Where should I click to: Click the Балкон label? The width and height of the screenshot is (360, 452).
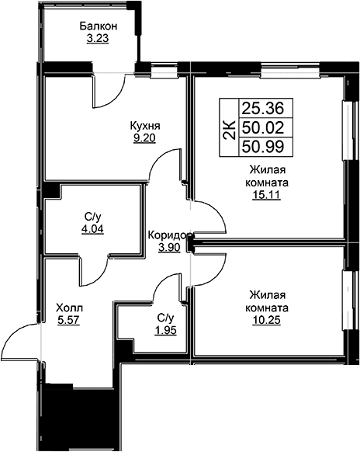pos(99,26)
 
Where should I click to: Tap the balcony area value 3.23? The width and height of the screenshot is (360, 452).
pos(98,39)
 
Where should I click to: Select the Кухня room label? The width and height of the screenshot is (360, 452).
pos(145,126)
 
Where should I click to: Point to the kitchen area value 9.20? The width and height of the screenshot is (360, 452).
pos(144,138)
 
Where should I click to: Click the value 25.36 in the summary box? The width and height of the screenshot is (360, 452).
pos(263,109)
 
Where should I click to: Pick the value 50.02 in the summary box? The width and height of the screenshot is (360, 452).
pos(263,127)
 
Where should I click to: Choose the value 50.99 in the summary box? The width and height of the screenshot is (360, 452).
pos(263,147)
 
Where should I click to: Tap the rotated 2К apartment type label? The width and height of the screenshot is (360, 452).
pos(230,128)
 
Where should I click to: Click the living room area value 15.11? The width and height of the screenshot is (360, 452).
pos(266,196)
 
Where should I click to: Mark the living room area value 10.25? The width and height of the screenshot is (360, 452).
pos(266,320)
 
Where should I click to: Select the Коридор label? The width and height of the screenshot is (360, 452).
pos(170,235)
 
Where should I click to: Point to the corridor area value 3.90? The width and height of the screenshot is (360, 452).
pos(169,247)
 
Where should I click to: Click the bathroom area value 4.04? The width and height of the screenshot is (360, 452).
pos(92,229)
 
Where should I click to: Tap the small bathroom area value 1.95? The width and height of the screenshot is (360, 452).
pos(165,330)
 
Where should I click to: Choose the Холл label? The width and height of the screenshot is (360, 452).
pos(69,308)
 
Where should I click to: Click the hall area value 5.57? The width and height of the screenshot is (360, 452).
pos(69,320)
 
